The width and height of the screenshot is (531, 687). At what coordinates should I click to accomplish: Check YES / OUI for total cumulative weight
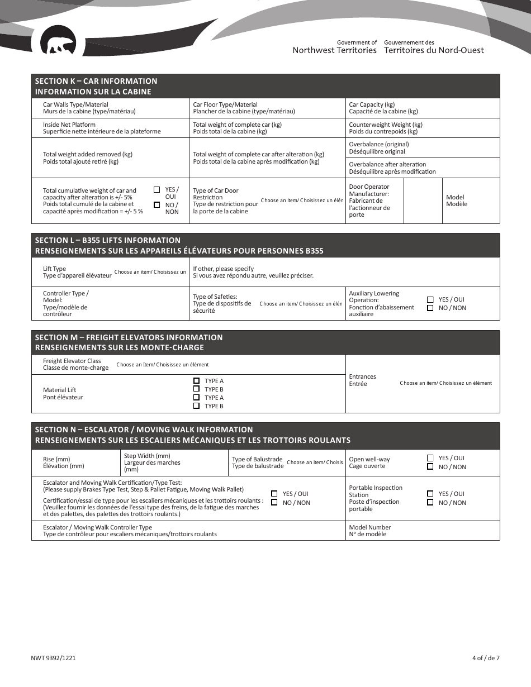click(x=157, y=190)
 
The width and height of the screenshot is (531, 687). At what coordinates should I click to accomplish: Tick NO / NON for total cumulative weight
click(x=157, y=205)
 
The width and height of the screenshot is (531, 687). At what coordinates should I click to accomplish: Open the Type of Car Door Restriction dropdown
click(x=302, y=201)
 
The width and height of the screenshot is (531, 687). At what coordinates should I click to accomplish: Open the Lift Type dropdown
click(x=150, y=272)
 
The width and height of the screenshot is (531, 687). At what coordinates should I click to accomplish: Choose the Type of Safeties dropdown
click(x=301, y=304)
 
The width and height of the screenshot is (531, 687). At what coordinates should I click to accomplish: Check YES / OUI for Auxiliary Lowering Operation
click(x=430, y=299)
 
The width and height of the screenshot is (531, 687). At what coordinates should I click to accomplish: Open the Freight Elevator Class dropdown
click(x=162, y=365)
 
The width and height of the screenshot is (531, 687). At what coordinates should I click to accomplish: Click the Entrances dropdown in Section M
click(x=445, y=383)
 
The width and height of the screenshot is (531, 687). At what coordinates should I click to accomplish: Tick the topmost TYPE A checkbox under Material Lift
click(x=197, y=381)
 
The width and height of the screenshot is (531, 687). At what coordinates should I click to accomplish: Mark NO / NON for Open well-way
click(x=430, y=467)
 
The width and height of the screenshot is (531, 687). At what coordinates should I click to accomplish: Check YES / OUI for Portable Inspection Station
click(x=430, y=494)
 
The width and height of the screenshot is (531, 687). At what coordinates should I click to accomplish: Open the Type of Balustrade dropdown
click(x=315, y=462)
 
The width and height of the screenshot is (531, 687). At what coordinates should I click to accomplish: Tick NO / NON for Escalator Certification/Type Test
click(x=274, y=503)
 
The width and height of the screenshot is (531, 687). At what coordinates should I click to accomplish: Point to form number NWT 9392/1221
click(x=54, y=658)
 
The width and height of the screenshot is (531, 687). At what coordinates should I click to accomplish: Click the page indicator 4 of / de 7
click(x=485, y=658)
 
